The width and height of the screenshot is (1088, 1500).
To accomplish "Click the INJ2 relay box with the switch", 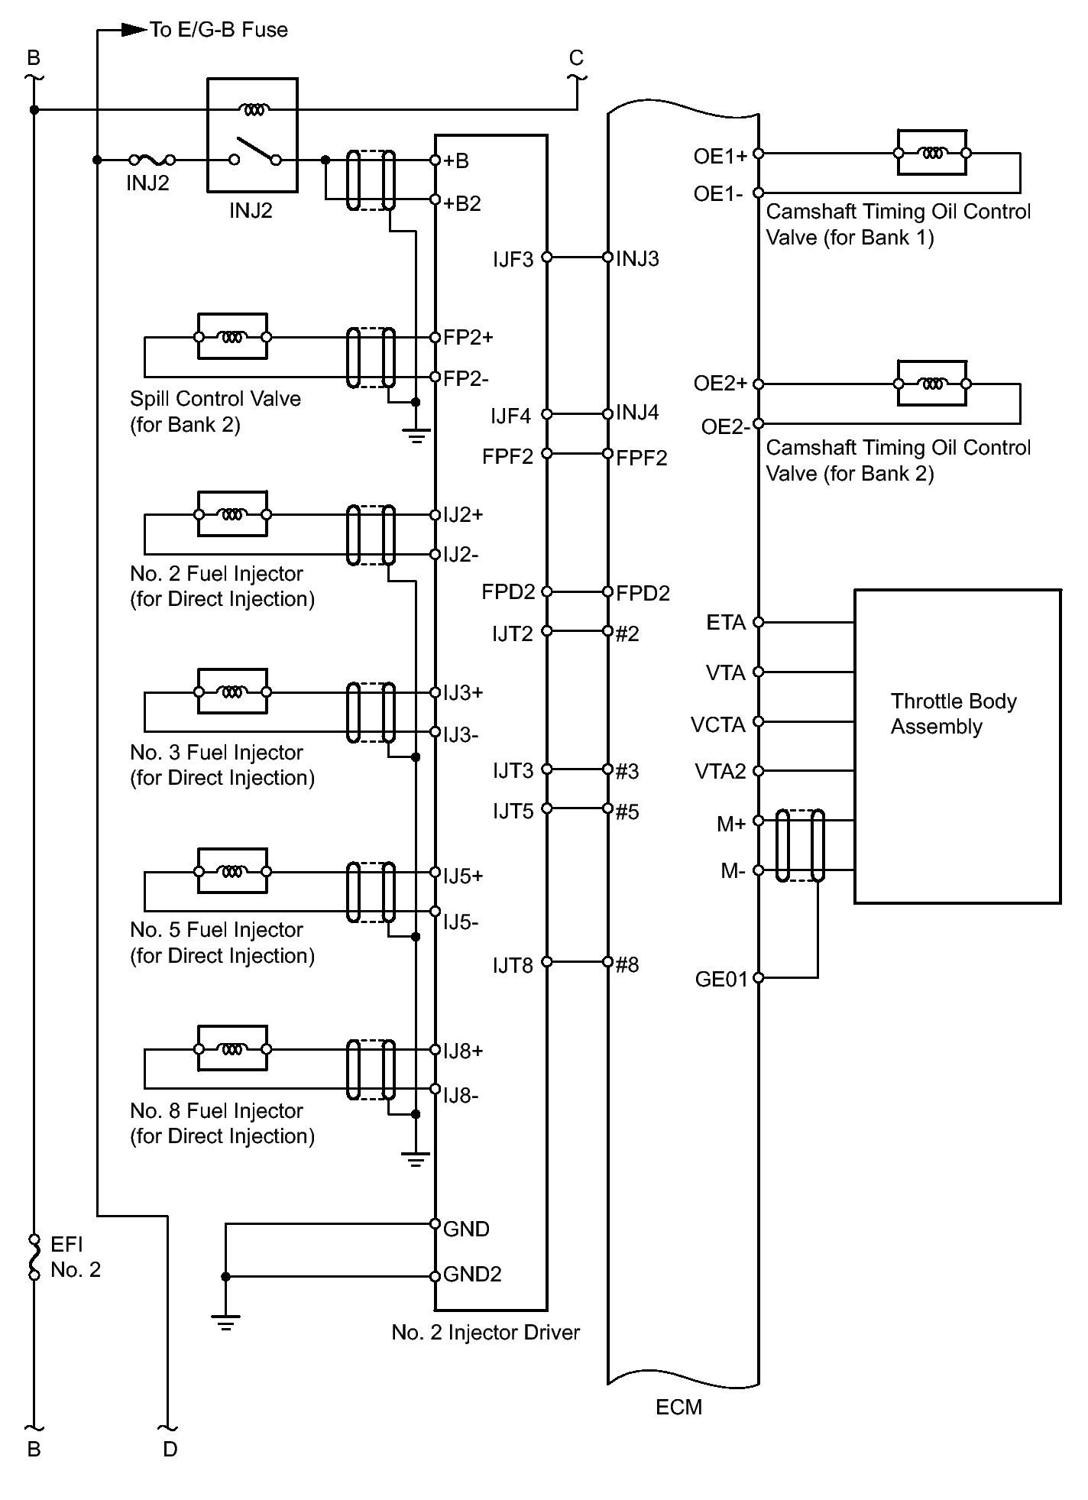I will pos(252,135).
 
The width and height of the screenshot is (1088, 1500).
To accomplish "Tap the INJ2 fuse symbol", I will pos(151,160).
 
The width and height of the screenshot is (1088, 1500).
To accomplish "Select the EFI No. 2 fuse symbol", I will pos(34,1257).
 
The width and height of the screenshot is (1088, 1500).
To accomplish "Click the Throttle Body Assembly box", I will pos(957,746).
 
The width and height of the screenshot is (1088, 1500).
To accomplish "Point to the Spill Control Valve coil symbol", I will pos(232,336).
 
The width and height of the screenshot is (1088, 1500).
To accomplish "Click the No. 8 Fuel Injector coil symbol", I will pos(232,1048).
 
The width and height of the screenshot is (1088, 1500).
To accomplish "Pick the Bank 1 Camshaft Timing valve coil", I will pos(931,153).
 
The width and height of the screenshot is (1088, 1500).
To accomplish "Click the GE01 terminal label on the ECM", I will pos(720,980).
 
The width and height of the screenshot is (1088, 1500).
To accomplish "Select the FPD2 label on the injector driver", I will pos(507,592).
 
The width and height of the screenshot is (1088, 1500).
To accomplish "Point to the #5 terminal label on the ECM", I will pos(627,812).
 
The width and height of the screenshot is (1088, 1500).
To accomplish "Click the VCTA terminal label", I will pos(717,724).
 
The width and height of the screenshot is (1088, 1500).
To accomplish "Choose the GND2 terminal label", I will pos(472,1275).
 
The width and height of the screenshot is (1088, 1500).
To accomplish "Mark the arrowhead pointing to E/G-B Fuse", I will pos(134,31).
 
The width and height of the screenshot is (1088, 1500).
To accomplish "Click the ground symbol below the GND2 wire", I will pos(225,1322).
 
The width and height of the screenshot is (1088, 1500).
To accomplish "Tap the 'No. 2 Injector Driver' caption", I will pos(485,1333).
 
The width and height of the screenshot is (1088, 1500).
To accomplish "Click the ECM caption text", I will pos(678,1407).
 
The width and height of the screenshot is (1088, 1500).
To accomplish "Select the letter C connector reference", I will pos(576,58).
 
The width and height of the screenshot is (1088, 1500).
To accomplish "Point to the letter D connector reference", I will pos(170,1449).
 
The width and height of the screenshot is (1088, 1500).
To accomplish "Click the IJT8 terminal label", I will pos(512,966).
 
